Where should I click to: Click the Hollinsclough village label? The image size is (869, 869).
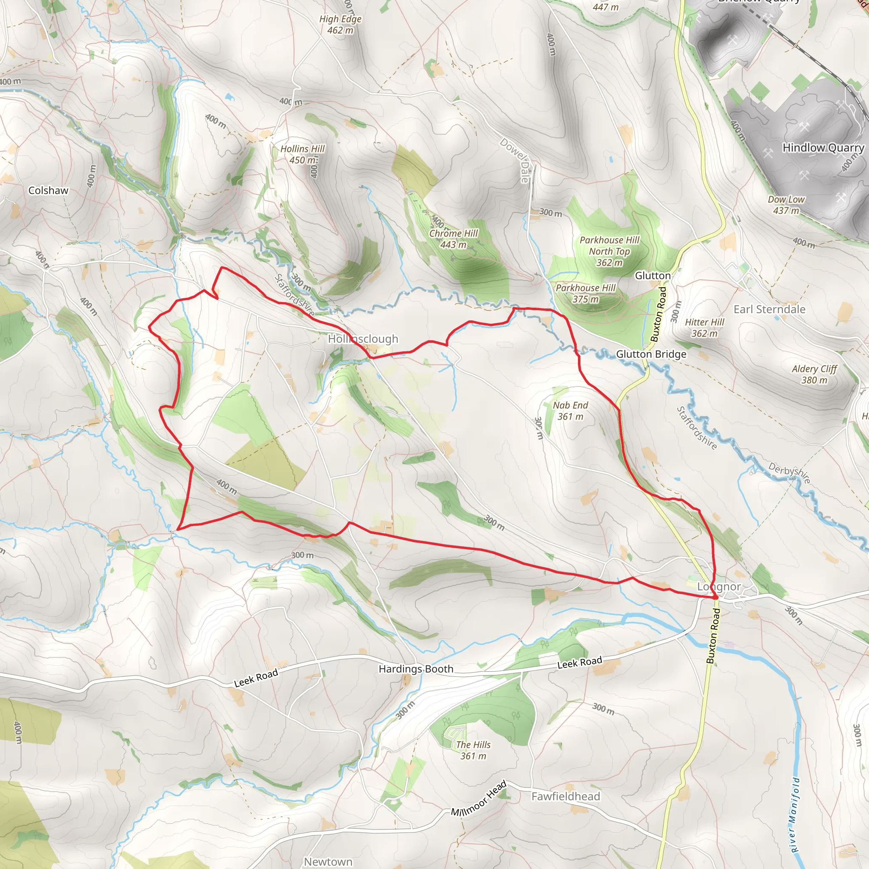pyautogui.click(x=363, y=339)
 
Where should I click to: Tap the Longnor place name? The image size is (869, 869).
pyautogui.click(x=719, y=586)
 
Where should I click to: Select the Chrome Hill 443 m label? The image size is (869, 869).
pyautogui.click(x=454, y=239)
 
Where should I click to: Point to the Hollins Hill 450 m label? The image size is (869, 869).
pyautogui.click(x=302, y=154)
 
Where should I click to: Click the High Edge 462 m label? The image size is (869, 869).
pyautogui.click(x=340, y=24)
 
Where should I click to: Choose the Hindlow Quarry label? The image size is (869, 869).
pyautogui.click(x=823, y=148)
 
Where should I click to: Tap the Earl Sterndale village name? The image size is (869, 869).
pyautogui.click(x=769, y=309)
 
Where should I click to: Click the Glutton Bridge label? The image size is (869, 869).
pyautogui.click(x=651, y=354)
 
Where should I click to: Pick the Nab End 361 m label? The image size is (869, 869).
pyautogui.click(x=570, y=411)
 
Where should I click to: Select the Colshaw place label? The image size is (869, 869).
pyautogui.click(x=48, y=190)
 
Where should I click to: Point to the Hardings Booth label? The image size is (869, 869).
pyautogui.click(x=415, y=669)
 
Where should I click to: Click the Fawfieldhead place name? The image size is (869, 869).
pyautogui.click(x=565, y=796)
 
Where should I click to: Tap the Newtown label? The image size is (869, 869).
pyautogui.click(x=328, y=861)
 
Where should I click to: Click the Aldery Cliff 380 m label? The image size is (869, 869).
pyautogui.click(x=814, y=374)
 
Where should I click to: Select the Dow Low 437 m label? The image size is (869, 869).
pyautogui.click(x=786, y=205)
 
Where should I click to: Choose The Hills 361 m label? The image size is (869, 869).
pyautogui.click(x=473, y=750)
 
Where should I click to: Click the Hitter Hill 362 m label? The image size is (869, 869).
pyautogui.click(x=704, y=328)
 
